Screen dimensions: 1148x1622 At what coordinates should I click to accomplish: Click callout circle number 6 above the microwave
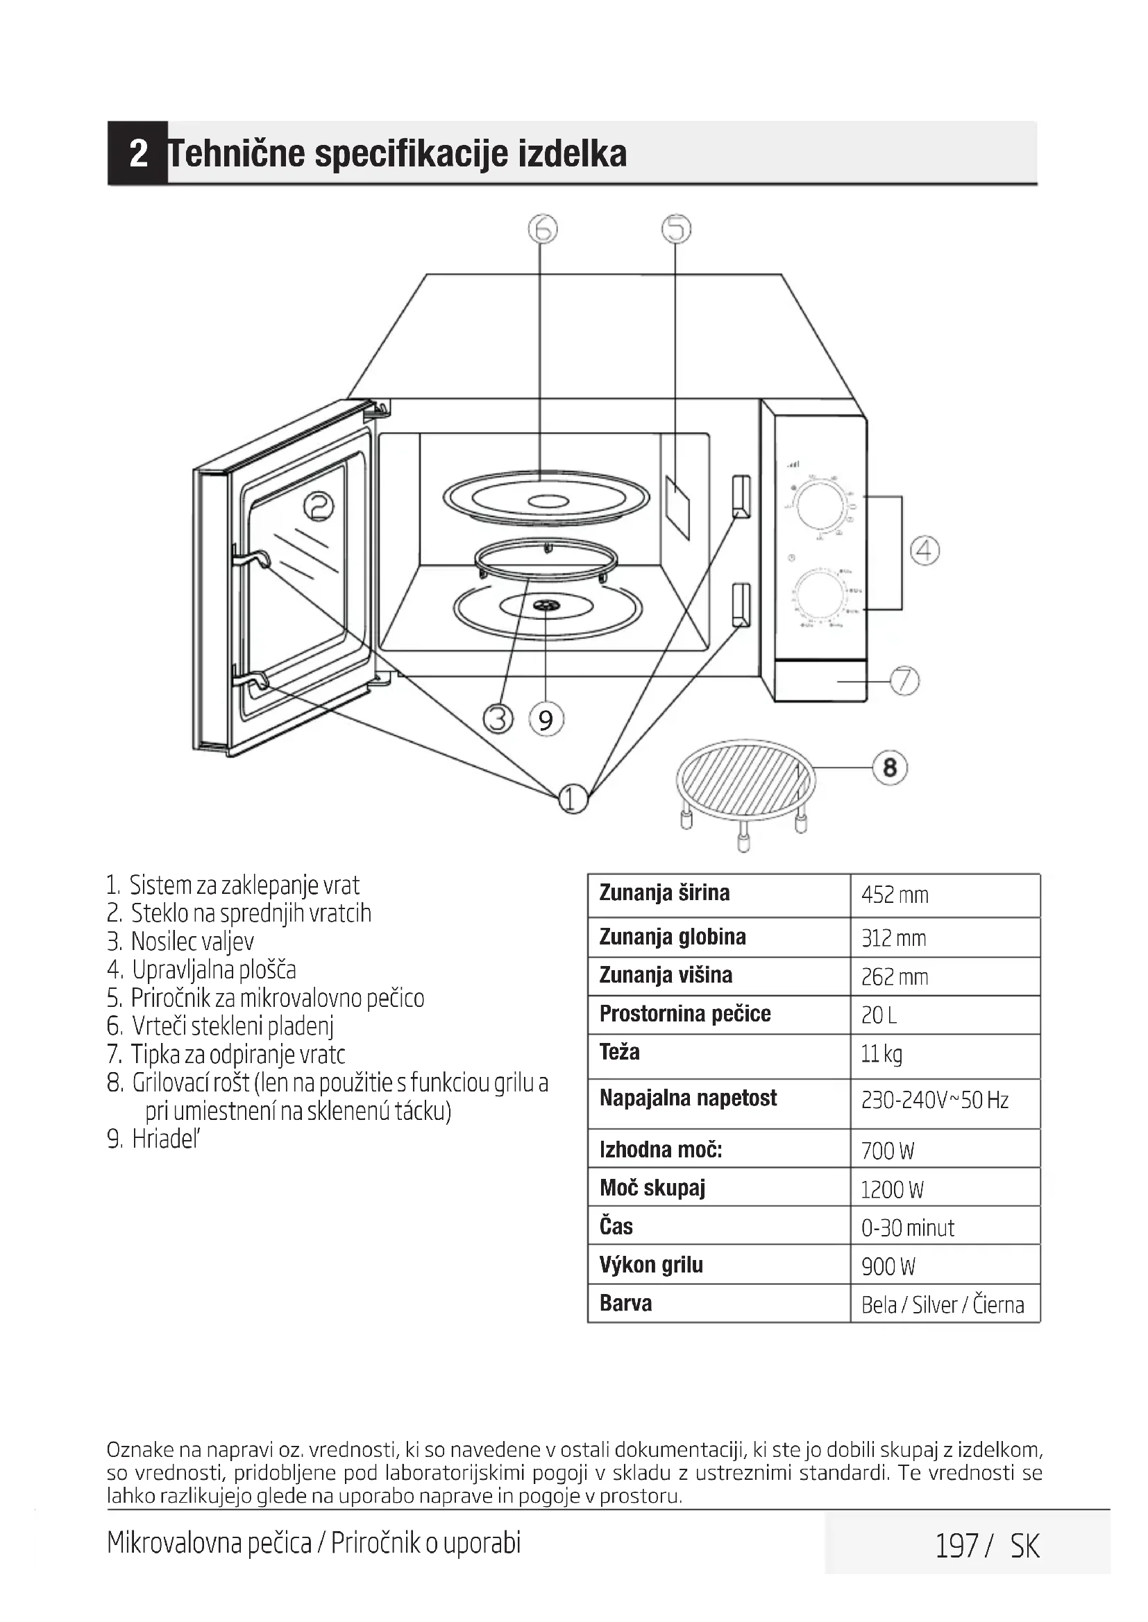[543, 229]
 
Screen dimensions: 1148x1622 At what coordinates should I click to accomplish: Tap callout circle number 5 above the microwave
[676, 229]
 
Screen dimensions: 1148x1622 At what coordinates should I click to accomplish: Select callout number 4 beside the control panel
[925, 551]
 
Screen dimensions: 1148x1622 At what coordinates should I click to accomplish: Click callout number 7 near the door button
[904, 681]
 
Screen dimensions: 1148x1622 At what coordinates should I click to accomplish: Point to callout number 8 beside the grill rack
[890, 767]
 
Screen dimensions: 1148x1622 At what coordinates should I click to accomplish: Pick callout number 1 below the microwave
[573, 799]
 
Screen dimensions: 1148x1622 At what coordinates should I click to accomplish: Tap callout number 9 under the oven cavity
[546, 720]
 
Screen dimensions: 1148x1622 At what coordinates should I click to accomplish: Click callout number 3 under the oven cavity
[498, 719]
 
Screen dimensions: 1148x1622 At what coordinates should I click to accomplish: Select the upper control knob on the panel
[818, 506]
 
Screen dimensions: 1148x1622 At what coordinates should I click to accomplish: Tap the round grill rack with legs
[745, 784]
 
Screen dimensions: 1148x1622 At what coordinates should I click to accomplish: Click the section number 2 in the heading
[139, 153]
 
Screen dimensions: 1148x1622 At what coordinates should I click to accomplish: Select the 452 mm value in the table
[894, 895]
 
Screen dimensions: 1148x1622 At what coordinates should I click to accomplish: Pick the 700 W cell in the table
[887, 1151]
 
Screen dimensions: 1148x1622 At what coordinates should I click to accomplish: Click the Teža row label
[620, 1053]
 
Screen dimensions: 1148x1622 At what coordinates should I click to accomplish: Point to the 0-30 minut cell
[908, 1228]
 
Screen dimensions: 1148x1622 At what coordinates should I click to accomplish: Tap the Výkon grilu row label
[651, 1265]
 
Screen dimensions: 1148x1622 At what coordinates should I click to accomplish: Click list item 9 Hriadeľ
[155, 1139]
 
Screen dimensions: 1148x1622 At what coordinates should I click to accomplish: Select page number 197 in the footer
[956, 1546]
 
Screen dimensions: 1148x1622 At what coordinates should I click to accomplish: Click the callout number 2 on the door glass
[319, 506]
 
